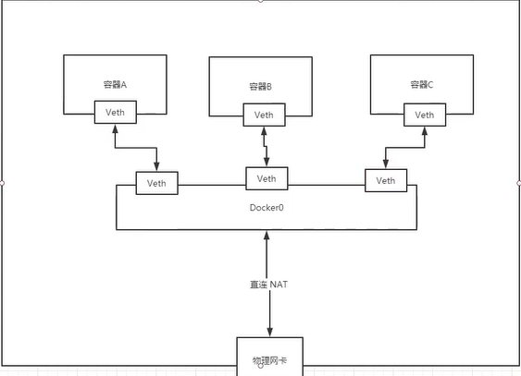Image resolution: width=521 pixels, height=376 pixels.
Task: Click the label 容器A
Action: (115, 84)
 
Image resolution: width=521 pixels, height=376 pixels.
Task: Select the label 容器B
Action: (259, 87)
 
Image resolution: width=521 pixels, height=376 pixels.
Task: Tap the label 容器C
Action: (422, 84)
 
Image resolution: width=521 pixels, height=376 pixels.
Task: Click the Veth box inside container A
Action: (116, 113)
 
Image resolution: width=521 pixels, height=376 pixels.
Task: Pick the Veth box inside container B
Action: (265, 115)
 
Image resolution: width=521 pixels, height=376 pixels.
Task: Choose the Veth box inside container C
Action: (425, 115)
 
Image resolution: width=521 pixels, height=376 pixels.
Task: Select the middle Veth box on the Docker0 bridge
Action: (267, 178)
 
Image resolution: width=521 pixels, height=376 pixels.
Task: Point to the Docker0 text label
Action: (267, 207)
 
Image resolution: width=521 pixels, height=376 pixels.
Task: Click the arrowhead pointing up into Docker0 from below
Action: (267, 236)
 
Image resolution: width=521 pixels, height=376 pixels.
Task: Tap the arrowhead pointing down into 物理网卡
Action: (269, 333)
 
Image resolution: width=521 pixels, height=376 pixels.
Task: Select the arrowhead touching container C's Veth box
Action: (425, 130)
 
